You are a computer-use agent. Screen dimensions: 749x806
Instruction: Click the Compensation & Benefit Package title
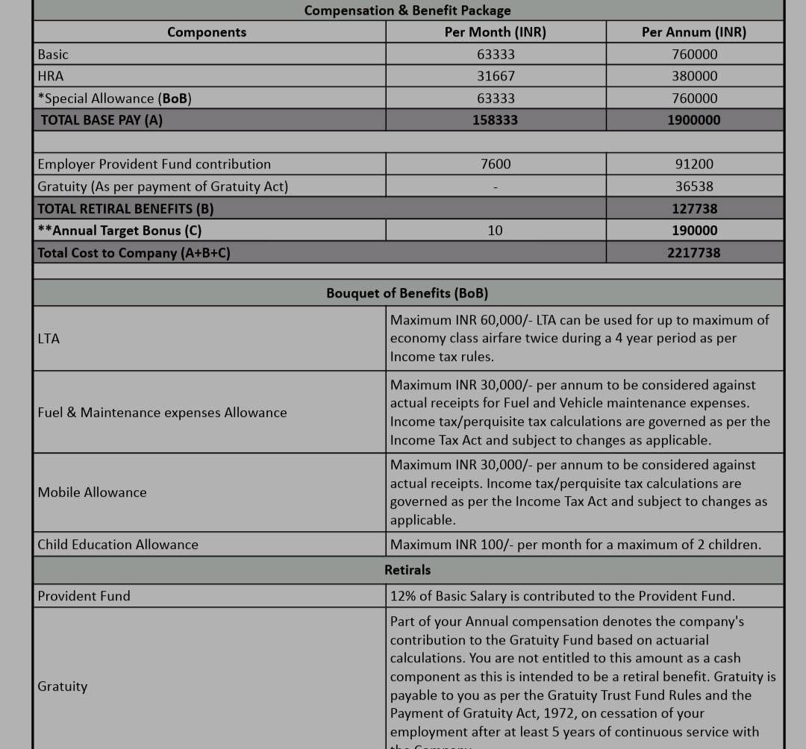(407, 10)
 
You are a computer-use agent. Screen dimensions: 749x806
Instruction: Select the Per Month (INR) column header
(496, 32)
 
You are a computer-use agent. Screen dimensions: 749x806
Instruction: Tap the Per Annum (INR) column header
(694, 32)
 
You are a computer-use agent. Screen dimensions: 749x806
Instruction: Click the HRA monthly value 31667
(496, 76)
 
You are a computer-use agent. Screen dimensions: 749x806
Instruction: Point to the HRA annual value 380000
(694, 76)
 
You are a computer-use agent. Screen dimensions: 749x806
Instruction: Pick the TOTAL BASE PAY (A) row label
(101, 120)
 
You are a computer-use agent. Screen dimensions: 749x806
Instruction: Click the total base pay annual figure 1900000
(694, 120)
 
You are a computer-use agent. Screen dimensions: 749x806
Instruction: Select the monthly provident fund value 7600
(496, 164)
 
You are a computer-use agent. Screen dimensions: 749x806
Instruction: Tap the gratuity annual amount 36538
(694, 187)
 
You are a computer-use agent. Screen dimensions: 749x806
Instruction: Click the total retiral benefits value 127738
(694, 209)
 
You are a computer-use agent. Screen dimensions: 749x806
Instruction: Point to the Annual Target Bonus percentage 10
(496, 231)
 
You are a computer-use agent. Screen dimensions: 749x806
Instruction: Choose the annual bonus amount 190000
(694, 231)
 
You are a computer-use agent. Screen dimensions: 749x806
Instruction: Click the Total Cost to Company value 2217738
(694, 253)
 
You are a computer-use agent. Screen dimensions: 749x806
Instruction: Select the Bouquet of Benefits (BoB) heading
(407, 293)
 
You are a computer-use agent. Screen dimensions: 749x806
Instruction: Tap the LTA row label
(49, 339)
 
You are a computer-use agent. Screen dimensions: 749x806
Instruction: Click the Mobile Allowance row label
(93, 492)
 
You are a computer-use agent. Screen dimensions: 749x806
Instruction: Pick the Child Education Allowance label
(118, 545)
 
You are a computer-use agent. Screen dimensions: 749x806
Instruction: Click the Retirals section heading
(407, 570)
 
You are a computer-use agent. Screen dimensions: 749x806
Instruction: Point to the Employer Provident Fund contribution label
(154, 164)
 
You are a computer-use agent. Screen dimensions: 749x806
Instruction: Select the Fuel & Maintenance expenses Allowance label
(162, 413)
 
